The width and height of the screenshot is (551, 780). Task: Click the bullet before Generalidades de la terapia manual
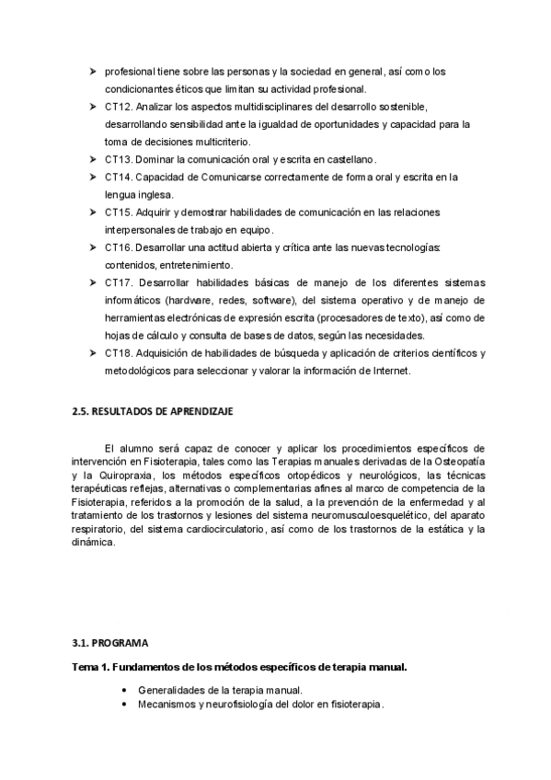click(123, 689)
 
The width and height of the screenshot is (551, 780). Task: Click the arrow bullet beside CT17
click(92, 282)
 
